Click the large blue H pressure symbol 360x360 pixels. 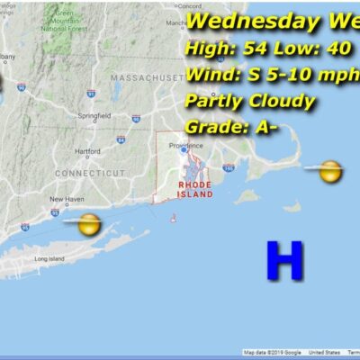[284, 261]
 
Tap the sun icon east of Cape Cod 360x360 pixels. [330, 170]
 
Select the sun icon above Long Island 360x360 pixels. [88, 224]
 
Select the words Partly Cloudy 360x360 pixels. [249, 101]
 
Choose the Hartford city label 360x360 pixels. [87, 151]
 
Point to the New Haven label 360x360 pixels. [66, 199]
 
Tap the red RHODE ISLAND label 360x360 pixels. [195, 189]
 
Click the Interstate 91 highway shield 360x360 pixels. [91, 93]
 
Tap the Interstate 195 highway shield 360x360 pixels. [229, 168]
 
